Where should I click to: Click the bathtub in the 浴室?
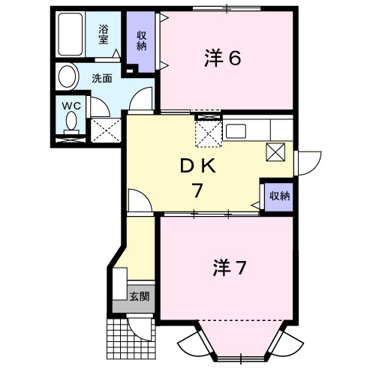click(71, 34)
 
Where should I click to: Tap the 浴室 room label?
click(104, 34)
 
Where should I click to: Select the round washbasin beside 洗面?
click(68, 76)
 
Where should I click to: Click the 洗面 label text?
click(102, 79)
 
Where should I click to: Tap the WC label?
click(71, 106)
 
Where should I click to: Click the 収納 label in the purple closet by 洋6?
click(141, 41)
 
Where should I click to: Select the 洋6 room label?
click(223, 58)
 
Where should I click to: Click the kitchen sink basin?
click(236, 131)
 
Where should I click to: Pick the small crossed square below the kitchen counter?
click(275, 152)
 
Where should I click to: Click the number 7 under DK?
click(197, 190)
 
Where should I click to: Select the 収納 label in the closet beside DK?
click(279, 196)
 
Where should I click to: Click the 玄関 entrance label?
click(140, 296)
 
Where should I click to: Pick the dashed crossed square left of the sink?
click(209, 134)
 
